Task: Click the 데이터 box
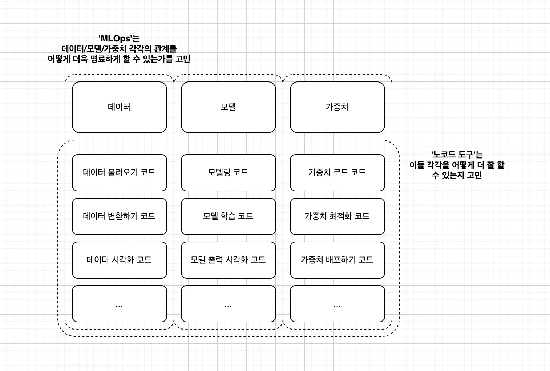click(119, 107)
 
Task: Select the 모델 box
click(228, 107)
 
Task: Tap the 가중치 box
click(337, 107)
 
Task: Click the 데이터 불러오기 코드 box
click(119, 172)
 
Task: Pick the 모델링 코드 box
click(228, 172)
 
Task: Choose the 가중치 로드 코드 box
click(337, 172)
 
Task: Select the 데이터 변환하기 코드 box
click(119, 216)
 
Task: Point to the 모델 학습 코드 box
click(228, 216)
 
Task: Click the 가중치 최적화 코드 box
click(337, 216)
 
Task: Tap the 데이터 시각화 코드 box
click(119, 260)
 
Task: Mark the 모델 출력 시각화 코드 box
click(228, 260)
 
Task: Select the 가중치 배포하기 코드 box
click(337, 260)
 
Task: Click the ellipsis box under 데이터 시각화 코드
click(119, 304)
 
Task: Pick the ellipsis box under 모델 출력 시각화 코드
click(228, 304)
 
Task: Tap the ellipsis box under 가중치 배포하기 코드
click(337, 304)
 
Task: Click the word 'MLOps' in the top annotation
click(115, 39)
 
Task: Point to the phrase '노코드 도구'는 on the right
click(457, 155)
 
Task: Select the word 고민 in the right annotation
click(474, 175)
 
